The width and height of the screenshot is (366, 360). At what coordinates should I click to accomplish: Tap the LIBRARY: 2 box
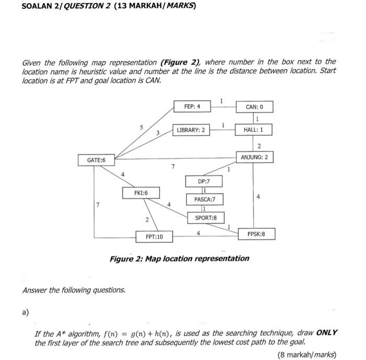191,130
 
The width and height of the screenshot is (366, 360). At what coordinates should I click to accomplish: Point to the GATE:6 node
96,160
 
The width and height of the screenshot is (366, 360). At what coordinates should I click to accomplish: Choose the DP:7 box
204,181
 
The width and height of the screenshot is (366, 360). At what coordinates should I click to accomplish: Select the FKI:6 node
141,193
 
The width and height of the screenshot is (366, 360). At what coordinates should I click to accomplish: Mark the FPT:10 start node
154,237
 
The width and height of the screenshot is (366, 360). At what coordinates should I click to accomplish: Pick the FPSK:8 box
257,234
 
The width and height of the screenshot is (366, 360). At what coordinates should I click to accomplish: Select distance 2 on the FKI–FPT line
147,219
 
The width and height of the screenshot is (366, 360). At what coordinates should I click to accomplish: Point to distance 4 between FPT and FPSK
198,233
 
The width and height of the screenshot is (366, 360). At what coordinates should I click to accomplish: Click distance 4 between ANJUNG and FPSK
258,196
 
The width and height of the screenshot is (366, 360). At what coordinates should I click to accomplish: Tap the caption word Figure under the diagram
125,259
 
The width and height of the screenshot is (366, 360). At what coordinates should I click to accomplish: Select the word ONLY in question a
327,333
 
